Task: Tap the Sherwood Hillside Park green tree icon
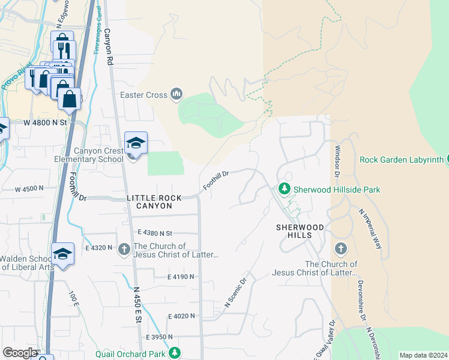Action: pos(284,189)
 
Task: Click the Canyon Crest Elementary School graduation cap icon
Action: pos(136,143)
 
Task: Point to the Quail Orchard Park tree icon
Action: pos(175,352)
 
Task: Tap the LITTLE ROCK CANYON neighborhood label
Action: pos(149,202)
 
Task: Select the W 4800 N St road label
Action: pos(46,122)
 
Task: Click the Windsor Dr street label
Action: pos(338,161)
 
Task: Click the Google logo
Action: pos(20,353)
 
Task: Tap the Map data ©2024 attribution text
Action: pos(423,355)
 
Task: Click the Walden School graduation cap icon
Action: pos(62,253)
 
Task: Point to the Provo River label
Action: pos(13,77)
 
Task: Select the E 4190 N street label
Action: pos(181,277)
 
